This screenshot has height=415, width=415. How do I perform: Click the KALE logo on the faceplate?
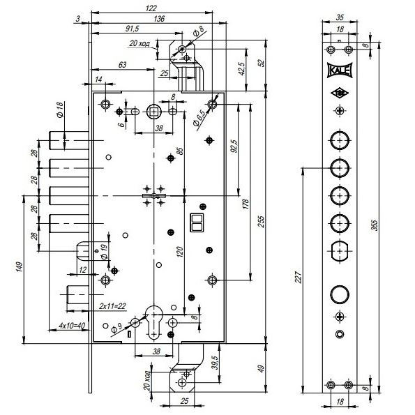coord(340,70)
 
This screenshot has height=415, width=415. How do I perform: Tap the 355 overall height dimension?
coord(375,225)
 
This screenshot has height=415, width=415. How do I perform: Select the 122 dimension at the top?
coord(151,8)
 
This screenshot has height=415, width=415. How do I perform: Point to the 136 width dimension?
coord(159,19)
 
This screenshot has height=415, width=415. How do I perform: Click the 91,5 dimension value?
coord(132,29)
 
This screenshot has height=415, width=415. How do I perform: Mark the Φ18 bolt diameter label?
coord(60,110)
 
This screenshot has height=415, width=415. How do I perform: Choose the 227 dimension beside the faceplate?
coord(299,277)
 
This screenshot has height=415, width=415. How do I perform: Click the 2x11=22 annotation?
coord(112,306)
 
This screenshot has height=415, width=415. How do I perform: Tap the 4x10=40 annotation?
coord(72,325)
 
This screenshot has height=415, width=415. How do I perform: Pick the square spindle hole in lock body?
coord(153,112)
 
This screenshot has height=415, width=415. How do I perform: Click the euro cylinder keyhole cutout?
coord(153,322)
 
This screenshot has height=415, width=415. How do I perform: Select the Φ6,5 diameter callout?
coord(199,119)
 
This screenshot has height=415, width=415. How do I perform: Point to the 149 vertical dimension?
coord(19,266)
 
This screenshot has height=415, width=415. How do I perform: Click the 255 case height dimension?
coord(261,222)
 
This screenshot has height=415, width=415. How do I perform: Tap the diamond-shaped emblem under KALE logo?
coord(340,93)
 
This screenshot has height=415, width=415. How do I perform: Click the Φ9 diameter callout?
coord(116,329)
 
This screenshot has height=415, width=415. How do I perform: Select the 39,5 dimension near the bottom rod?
coord(216,363)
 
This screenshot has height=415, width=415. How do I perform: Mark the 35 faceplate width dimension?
coord(340,17)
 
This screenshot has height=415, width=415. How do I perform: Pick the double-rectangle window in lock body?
coord(197,222)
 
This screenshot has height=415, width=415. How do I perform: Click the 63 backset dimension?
coord(122,65)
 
